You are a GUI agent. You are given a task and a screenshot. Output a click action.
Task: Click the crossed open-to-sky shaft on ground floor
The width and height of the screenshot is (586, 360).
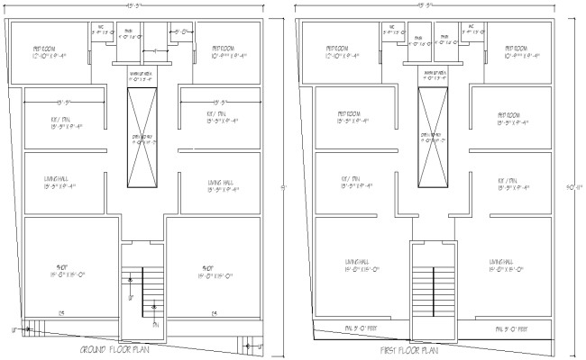tap(142, 137)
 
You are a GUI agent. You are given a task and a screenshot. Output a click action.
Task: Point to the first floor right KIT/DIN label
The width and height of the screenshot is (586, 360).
tap(511, 185)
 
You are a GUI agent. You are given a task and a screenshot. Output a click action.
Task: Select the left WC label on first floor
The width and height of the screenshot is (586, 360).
tap(394, 29)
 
